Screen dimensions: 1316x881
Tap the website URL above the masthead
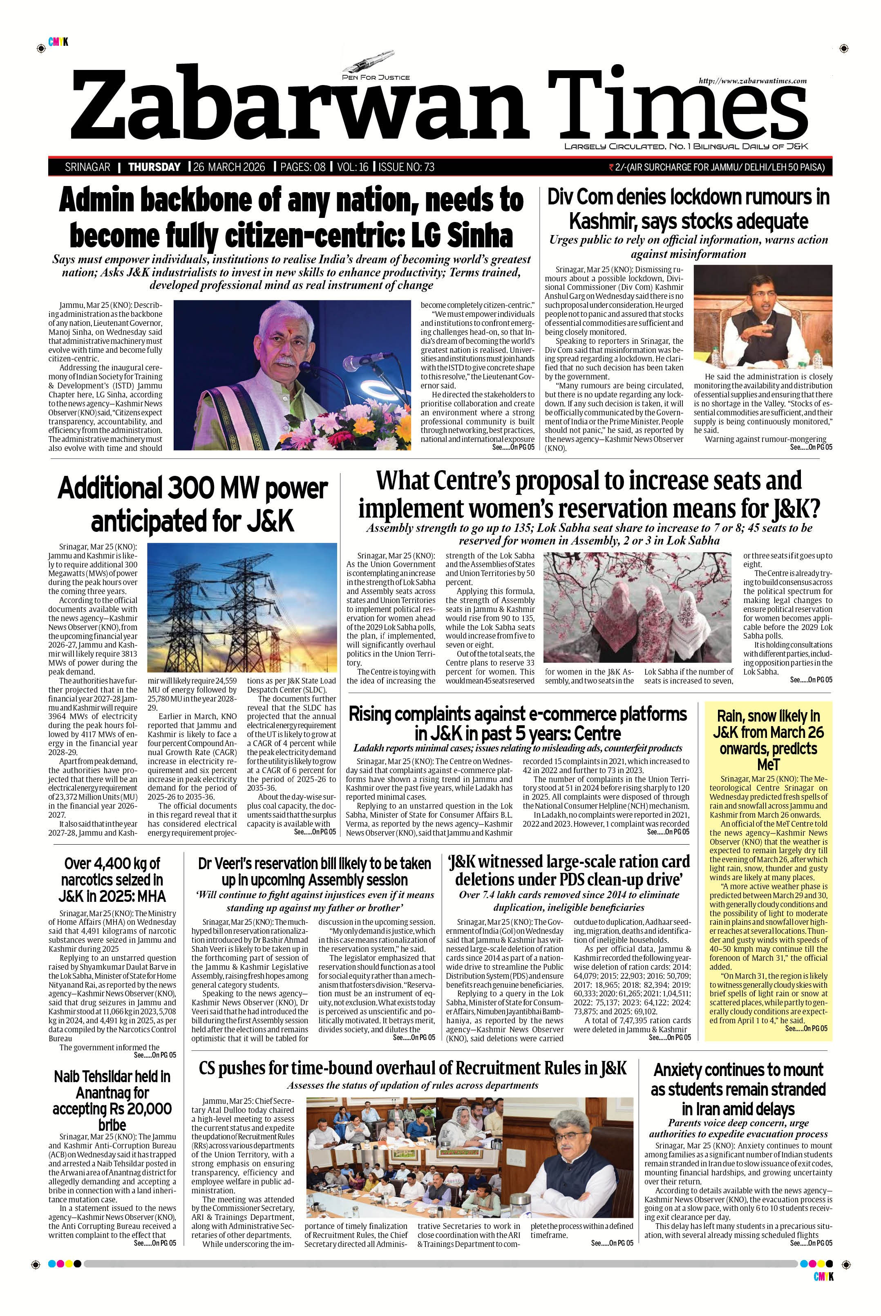(752, 81)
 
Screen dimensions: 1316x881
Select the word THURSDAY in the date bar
(154, 167)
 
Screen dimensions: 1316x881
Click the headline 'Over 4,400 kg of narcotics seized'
(112, 879)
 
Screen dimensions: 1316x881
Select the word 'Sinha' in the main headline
(483, 235)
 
